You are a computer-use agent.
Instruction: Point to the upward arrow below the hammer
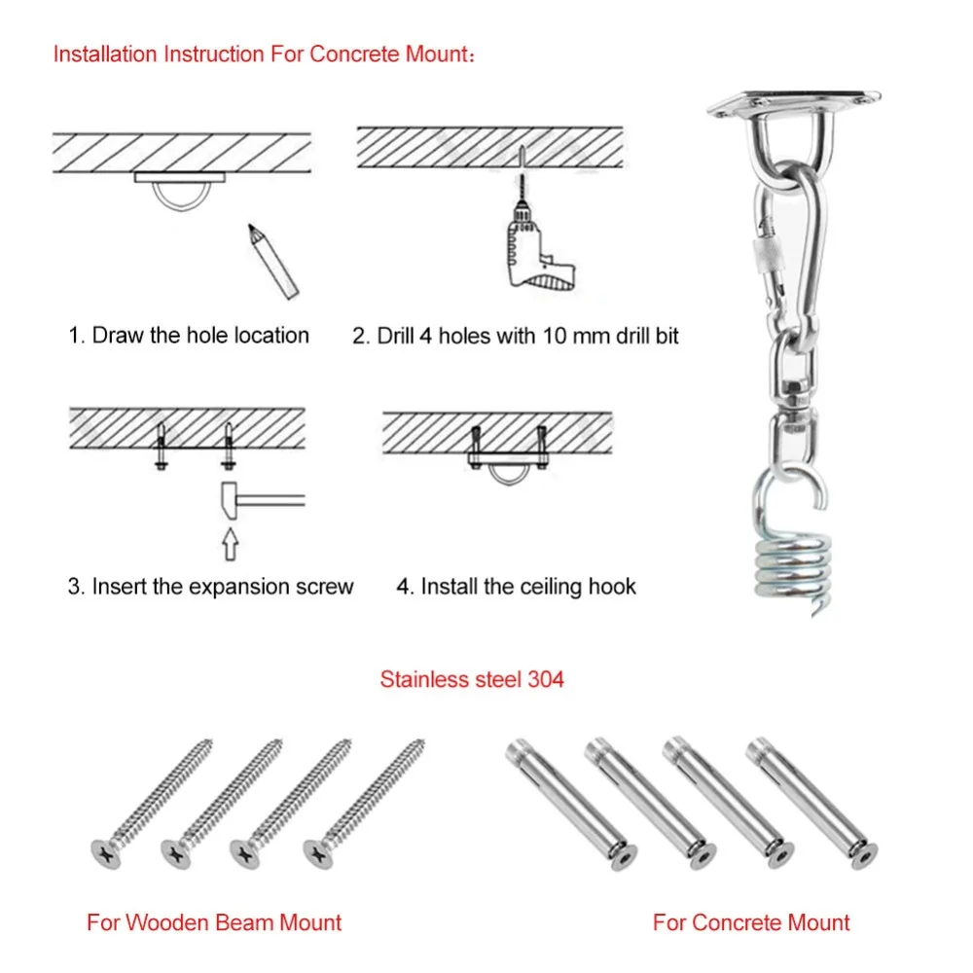point(230,542)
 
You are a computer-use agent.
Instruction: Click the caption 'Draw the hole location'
point(199,336)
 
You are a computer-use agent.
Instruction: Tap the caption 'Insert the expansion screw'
point(223,587)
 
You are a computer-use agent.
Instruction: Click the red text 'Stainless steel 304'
point(472,679)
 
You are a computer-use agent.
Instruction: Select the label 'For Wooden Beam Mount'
point(214,922)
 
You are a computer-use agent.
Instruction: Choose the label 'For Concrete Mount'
point(751,922)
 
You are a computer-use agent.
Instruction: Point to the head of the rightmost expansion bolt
point(859,854)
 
